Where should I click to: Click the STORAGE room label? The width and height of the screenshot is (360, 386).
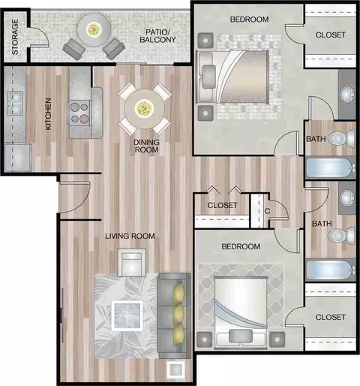click(15, 37)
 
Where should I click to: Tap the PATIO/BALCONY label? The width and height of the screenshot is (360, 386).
click(157, 36)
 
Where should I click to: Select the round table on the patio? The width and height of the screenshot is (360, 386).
click(94, 30)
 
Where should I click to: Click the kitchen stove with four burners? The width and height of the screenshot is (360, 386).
click(79, 113)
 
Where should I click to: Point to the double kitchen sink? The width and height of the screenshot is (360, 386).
click(15, 104)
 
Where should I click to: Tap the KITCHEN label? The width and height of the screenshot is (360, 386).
click(48, 114)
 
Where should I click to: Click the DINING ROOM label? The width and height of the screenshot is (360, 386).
click(146, 146)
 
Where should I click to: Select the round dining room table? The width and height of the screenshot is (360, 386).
click(145, 109)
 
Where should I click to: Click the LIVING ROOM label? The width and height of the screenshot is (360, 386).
click(130, 236)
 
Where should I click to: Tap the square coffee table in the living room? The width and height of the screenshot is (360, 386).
click(127, 315)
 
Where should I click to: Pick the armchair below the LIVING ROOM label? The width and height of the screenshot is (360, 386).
click(132, 263)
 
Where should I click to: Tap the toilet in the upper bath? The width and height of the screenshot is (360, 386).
click(341, 137)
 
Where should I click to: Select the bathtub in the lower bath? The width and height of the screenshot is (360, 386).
click(331, 270)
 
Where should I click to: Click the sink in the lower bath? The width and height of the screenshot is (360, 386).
click(347, 198)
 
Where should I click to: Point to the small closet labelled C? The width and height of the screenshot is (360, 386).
click(260, 210)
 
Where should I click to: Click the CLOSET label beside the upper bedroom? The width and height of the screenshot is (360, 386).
click(330, 35)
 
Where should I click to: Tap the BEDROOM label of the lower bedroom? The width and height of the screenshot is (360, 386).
click(241, 246)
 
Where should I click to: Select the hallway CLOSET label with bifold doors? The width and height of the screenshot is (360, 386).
click(222, 205)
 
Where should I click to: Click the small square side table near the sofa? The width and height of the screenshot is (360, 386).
click(176, 369)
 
